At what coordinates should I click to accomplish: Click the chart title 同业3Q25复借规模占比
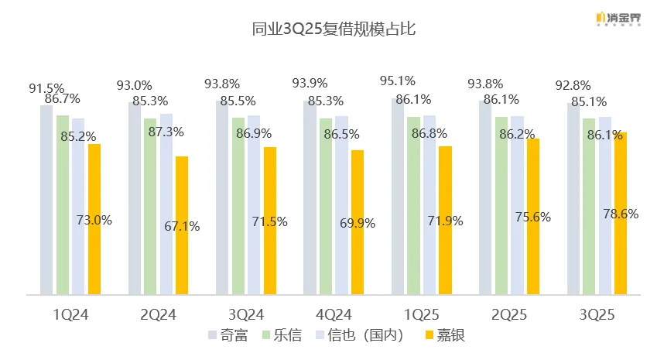pyautogui.click(x=328, y=30)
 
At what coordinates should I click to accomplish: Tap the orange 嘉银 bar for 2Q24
pyautogui.click(x=181, y=225)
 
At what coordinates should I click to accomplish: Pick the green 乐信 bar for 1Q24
pyautogui.click(x=63, y=204)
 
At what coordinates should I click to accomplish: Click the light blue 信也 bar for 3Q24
pyautogui.click(x=254, y=204)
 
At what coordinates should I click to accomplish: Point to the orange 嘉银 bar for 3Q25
pyautogui.click(x=620, y=213)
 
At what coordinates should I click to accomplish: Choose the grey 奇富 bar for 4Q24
pyautogui.click(x=310, y=197)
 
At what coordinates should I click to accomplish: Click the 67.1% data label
pyautogui.click(x=182, y=227)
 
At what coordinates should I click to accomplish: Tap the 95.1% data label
pyautogui.click(x=398, y=81)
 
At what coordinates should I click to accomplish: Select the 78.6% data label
pyautogui.click(x=621, y=214)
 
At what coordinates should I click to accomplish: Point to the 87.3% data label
pyautogui.click(x=166, y=132)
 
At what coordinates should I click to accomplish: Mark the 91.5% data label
pyautogui.click(x=46, y=89)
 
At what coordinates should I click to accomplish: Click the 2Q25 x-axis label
pyautogui.click(x=508, y=314)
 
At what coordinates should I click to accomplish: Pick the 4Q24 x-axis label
pyautogui.click(x=334, y=314)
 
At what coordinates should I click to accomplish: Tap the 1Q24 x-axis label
pyautogui.click(x=70, y=314)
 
